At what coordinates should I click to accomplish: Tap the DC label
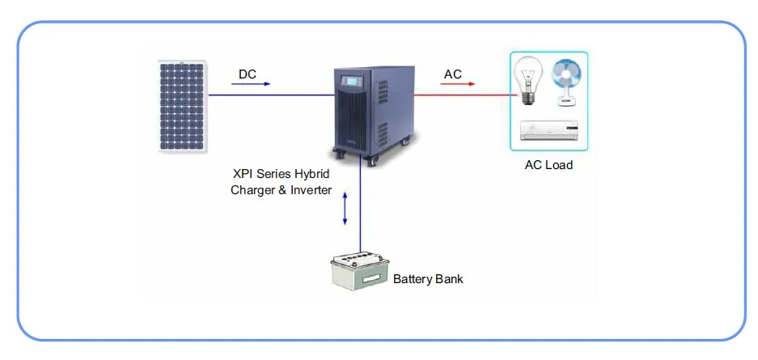coord(248,74)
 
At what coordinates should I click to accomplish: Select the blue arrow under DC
coord(252,83)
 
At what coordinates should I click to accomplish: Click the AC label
coord(453,74)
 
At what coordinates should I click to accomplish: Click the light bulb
coord(529,81)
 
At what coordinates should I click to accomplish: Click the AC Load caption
coord(548,165)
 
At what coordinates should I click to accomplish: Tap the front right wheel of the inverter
coord(373,161)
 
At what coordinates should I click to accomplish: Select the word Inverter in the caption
coord(309,191)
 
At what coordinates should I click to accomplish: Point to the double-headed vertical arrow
coord(345,210)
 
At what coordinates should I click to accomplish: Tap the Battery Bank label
coord(428,279)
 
